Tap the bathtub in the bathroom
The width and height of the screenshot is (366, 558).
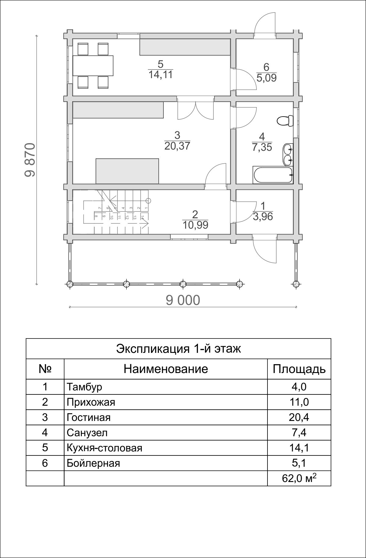point(272,175)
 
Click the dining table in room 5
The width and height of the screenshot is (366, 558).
point(93,65)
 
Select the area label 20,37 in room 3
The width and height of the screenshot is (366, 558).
point(177,146)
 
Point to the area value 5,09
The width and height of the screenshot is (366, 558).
point(266,78)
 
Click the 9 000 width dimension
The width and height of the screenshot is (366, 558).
point(183,300)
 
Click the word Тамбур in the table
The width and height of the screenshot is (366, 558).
point(84,387)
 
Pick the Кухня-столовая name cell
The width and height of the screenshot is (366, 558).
point(105,448)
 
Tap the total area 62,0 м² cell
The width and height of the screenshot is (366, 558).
point(299,478)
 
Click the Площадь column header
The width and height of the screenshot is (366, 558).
point(299,369)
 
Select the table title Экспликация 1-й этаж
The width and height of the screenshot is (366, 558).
point(178,348)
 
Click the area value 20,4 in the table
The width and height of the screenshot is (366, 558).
point(299,417)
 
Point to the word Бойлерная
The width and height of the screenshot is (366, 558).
point(93,463)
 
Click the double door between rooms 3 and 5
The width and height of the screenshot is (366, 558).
point(196,109)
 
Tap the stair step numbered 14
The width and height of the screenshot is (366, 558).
point(142,218)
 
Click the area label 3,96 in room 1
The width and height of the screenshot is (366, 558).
point(263,216)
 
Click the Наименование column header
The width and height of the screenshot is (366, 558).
point(166,369)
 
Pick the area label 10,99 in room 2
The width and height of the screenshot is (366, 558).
point(196,225)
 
